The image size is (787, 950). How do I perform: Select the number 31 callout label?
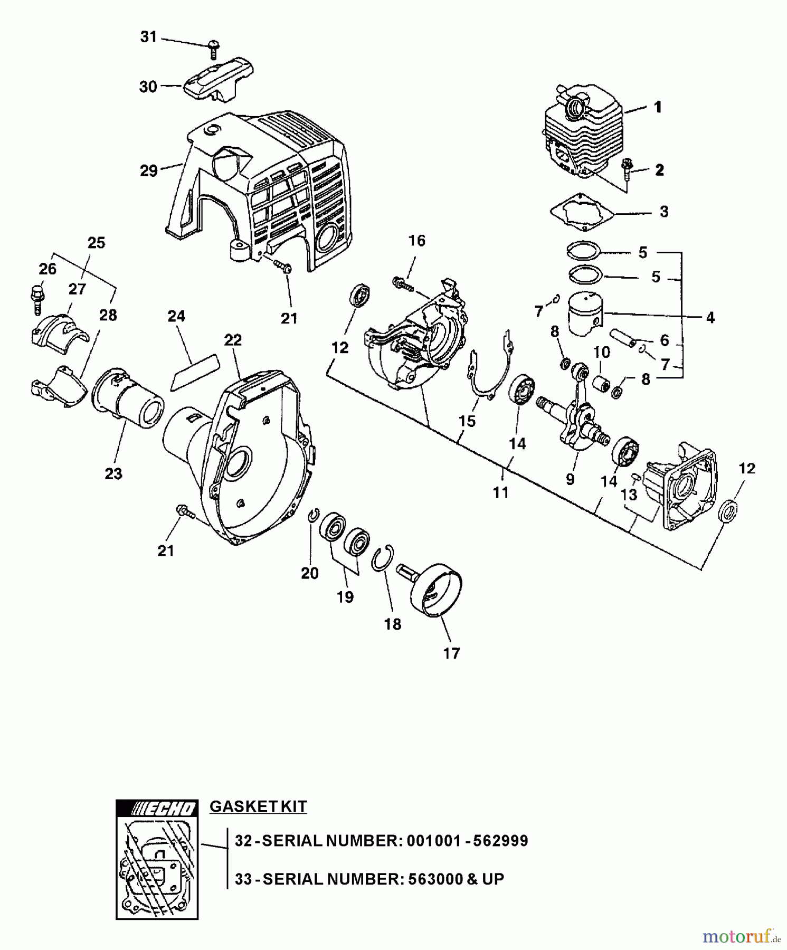pos(148,37)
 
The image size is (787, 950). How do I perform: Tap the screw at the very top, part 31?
pos(214,49)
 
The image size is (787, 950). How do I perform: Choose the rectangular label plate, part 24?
pos(194,372)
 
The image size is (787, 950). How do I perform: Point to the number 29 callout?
pos(149,171)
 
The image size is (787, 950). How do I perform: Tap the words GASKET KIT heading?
pos(258,807)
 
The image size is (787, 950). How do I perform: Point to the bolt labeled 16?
pos(402,283)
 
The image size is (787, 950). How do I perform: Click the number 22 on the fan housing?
pos(233,340)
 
